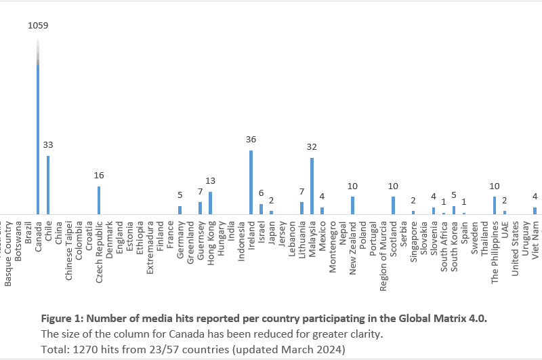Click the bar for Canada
click(x=38, y=136)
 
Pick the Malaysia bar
click(x=312, y=186)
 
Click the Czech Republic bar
click(x=99, y=200)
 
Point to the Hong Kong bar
click(x=210, y=203)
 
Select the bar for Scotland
click(x=393, y=205)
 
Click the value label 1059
click(x=38, y=26)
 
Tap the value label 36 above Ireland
click(x=251, y=140)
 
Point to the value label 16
click(x=99, y=176)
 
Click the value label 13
click(x=210, y=181)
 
